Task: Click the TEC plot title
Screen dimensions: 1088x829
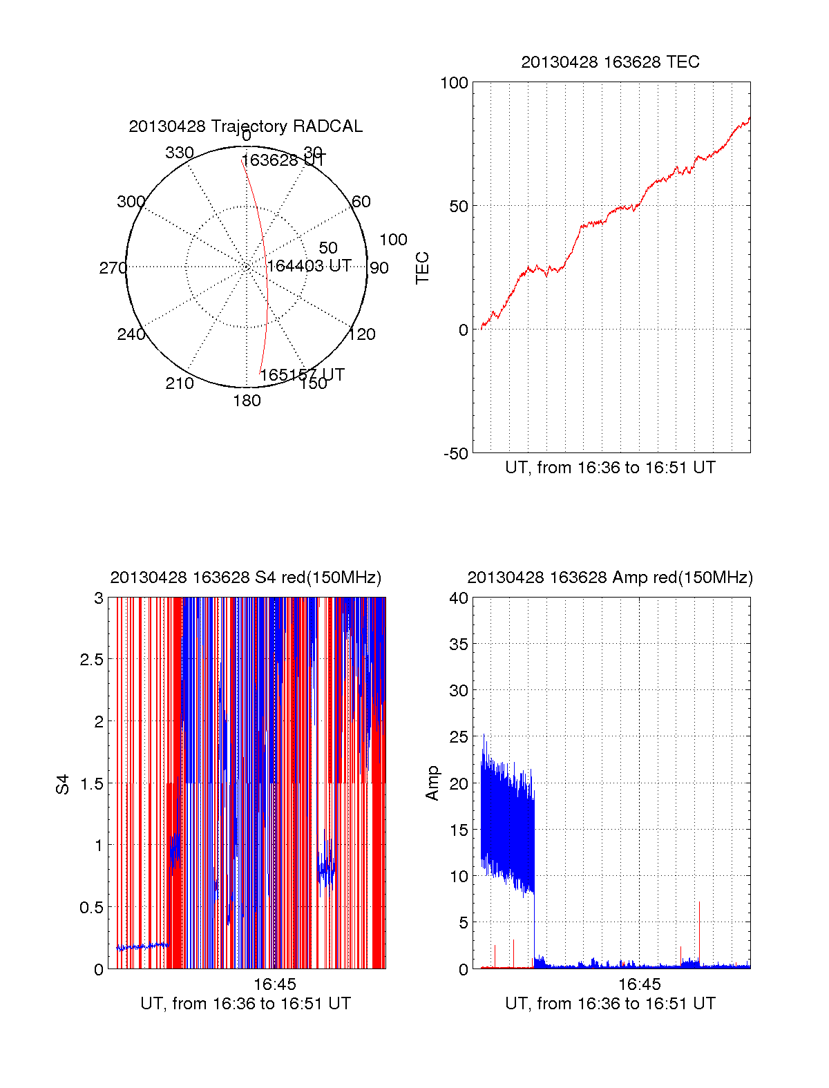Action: tap(610, 62)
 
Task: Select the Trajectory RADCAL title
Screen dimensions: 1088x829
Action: tap(245, 126)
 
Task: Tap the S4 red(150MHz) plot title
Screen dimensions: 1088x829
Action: tap(245, 578)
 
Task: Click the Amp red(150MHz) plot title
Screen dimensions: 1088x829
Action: tap(610, 578)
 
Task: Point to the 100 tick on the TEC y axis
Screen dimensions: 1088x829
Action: tap(454, 84)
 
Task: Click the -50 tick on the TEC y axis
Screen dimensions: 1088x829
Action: tap(455, 454)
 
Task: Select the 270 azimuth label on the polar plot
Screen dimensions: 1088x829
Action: tap(113, 268)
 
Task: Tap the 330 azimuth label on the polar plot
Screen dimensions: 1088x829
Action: tap(180, 153)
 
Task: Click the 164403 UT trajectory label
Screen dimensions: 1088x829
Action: tap(309, 266)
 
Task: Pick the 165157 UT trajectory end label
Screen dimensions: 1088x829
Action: tap(302, 374)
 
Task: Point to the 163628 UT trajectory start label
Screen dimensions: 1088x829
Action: tap(283, 160)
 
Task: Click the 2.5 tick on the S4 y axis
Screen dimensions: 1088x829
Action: tap(92, 660)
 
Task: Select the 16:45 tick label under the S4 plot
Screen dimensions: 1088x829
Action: tap(274, 984)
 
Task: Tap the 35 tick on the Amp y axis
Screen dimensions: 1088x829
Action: tap(459, 645)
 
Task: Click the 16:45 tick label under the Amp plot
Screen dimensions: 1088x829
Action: tap(639, 984)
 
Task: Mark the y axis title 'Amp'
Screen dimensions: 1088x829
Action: tap(432, 783)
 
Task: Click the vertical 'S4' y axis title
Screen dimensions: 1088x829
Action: tap(63, 785)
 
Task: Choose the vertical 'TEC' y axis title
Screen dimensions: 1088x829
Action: tap(422, 268)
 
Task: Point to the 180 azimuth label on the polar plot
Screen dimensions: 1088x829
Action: tap(247, 401)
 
